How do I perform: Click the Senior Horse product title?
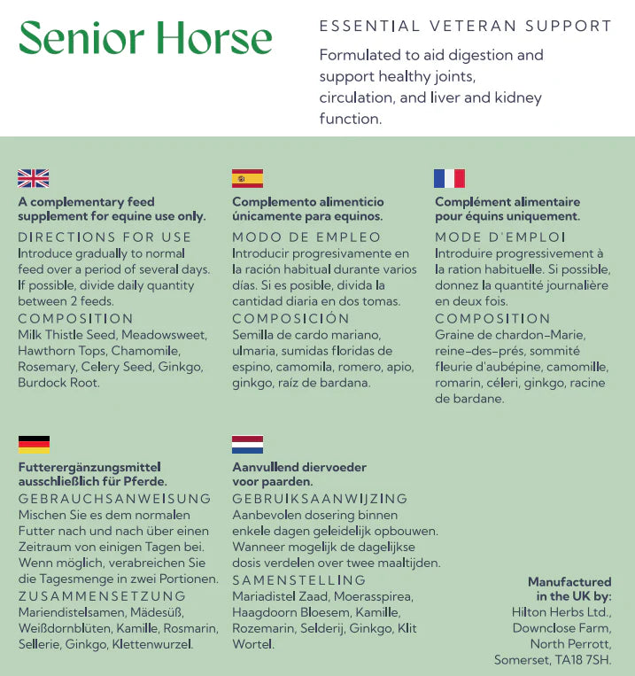click(x=145, y=37)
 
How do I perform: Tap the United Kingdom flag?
click(x=34, y=178)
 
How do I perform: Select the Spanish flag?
click(x=247, y=178)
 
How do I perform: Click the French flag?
click(x=449, y=178)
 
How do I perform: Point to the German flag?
click(x=34, y=444)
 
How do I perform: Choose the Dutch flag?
click(x=247, y=444)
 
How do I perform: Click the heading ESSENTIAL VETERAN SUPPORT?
click(x=465, y=26)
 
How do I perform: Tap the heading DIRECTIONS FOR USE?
click(x=105, y=237)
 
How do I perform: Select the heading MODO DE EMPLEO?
click(x=306, y=237)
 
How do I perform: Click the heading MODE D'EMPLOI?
click(x=499, y=237)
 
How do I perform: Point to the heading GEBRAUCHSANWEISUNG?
click(x=114, y=499)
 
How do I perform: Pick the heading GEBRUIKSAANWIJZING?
click(x=320, y=499)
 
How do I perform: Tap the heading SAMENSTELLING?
click(x=298, y=580)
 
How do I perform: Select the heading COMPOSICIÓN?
click(x=290, y=318)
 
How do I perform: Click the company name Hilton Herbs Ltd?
click(x=561, y=611)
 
